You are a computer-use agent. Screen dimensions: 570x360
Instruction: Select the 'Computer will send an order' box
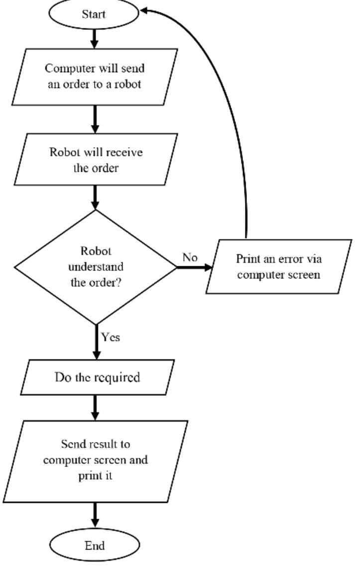point(95,76)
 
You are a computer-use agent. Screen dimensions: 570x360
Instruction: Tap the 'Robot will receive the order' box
point(95,160)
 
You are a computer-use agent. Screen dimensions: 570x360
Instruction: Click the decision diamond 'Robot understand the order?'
point(95,267)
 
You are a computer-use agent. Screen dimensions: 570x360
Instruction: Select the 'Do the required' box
point(97,377)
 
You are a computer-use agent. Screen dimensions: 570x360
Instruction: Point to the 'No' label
point(190,258)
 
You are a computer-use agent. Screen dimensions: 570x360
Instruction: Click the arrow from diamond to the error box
point(194,267)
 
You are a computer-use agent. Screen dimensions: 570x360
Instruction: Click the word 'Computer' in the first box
point(78,69)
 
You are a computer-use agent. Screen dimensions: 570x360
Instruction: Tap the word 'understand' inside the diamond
point(95,267)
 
